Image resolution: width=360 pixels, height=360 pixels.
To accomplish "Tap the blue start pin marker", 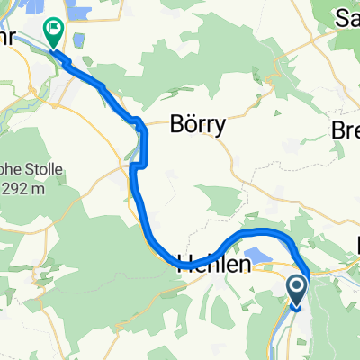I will [298, 292].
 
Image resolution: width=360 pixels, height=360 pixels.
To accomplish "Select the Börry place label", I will [196, 127].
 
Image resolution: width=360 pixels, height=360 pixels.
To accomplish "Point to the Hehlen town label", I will [213, 264].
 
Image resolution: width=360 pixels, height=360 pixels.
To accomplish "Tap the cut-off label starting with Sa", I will [347, 16].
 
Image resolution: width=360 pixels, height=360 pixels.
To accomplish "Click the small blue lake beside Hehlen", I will [258, 257].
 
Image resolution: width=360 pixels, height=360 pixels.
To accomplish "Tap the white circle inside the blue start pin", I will [298, 288].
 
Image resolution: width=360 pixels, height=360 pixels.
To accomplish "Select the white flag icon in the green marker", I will [53, 31].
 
